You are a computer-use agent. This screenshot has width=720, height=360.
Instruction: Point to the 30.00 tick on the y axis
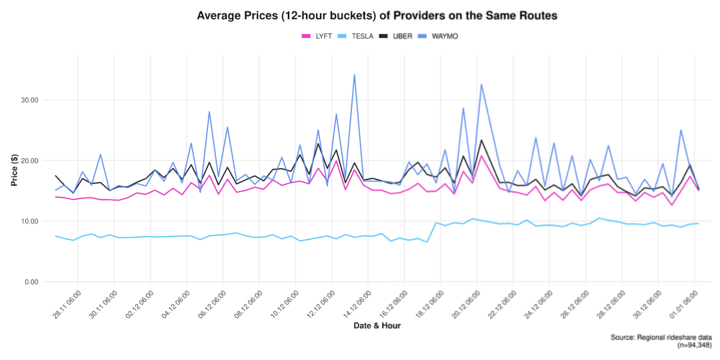28,100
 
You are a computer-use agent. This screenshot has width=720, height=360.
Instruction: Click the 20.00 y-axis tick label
28,161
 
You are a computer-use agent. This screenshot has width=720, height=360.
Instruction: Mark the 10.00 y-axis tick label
28,221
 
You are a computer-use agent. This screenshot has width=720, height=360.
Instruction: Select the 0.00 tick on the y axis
30,282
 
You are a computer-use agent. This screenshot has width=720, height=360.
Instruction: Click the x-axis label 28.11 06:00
66,304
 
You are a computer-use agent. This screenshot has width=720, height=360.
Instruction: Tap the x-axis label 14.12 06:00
357,304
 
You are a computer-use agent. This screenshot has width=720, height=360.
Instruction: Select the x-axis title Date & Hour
377,326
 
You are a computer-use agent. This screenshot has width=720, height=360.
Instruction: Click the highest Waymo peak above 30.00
354,75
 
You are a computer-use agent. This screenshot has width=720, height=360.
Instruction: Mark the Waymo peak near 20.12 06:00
481,85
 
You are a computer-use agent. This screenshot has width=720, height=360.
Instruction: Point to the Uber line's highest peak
481,140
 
